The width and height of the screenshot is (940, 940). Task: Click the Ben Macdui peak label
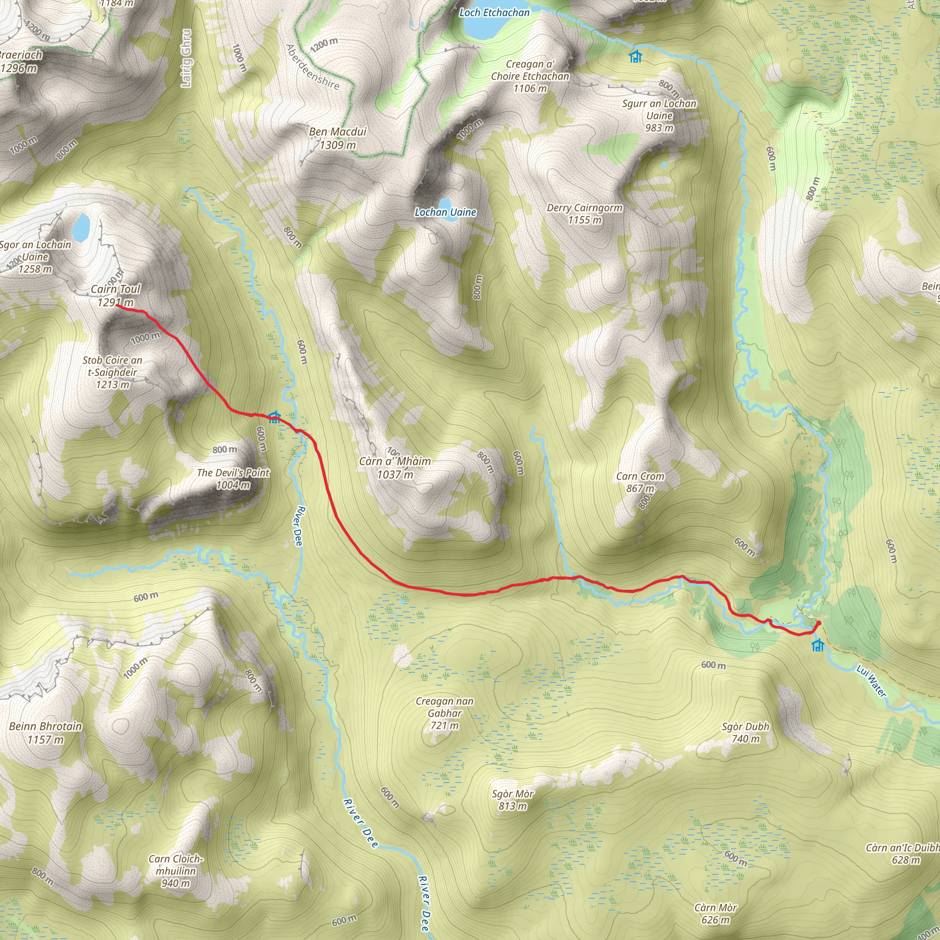(x=338, y=138)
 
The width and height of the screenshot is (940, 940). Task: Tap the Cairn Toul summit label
(x=115, y=295)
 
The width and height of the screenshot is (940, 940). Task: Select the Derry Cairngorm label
(x=584, y=213)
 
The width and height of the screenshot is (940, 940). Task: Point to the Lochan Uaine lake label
(x=445, y=212)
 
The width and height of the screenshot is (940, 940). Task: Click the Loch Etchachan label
(x=494, y=13)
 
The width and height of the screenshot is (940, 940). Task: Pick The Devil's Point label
(x=233, y=479)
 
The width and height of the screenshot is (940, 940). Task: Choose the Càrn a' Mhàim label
(x=395, y=468)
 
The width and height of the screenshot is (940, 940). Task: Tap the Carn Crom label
(x=640, y=482)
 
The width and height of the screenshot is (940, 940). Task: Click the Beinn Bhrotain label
(x=46, y=733)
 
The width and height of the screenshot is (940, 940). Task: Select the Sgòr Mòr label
(x=513, y=800)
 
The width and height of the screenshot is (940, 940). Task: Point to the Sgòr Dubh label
(x=745, y=733)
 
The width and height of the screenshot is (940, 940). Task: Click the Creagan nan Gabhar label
(x=445, y=713)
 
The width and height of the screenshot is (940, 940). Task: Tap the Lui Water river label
(x=872, y=682)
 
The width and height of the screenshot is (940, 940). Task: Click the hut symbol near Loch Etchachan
(x=635, y=56)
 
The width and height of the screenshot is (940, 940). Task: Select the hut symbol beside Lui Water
(x=818, y=645)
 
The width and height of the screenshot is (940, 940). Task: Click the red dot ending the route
(x=819, y=623)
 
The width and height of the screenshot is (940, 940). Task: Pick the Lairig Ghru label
(x=186, y=58)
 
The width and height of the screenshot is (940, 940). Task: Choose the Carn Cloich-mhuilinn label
(x=176, y=871)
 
